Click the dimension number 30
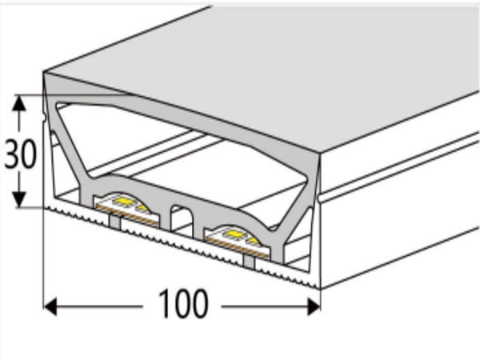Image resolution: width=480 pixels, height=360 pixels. [21, 154]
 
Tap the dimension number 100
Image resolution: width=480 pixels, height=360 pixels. [182, 304]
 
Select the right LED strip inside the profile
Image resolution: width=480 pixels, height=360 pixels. [231, 234]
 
